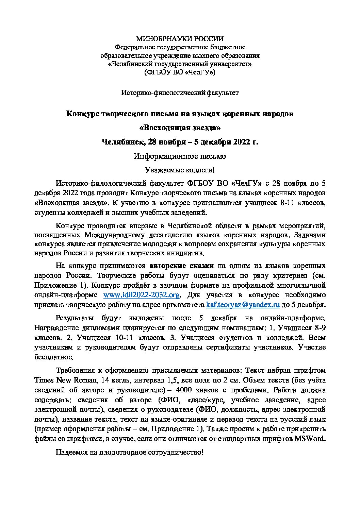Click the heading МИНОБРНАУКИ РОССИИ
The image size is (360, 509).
tap(180, 39)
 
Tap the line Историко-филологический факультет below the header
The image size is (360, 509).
tap(180, 92)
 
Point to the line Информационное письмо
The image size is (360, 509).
tap(180, 156)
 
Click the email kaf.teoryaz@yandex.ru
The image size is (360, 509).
tap(243, 304)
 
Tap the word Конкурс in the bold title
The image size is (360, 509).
tap(83, 114)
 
